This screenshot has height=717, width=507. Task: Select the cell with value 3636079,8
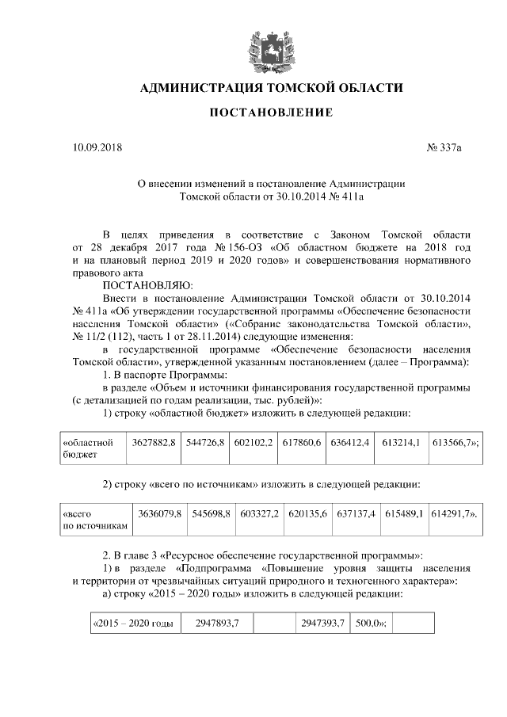point(159,514)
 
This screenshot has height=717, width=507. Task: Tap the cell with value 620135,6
point(307,514)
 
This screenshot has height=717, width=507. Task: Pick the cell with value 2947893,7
point(217,623)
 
